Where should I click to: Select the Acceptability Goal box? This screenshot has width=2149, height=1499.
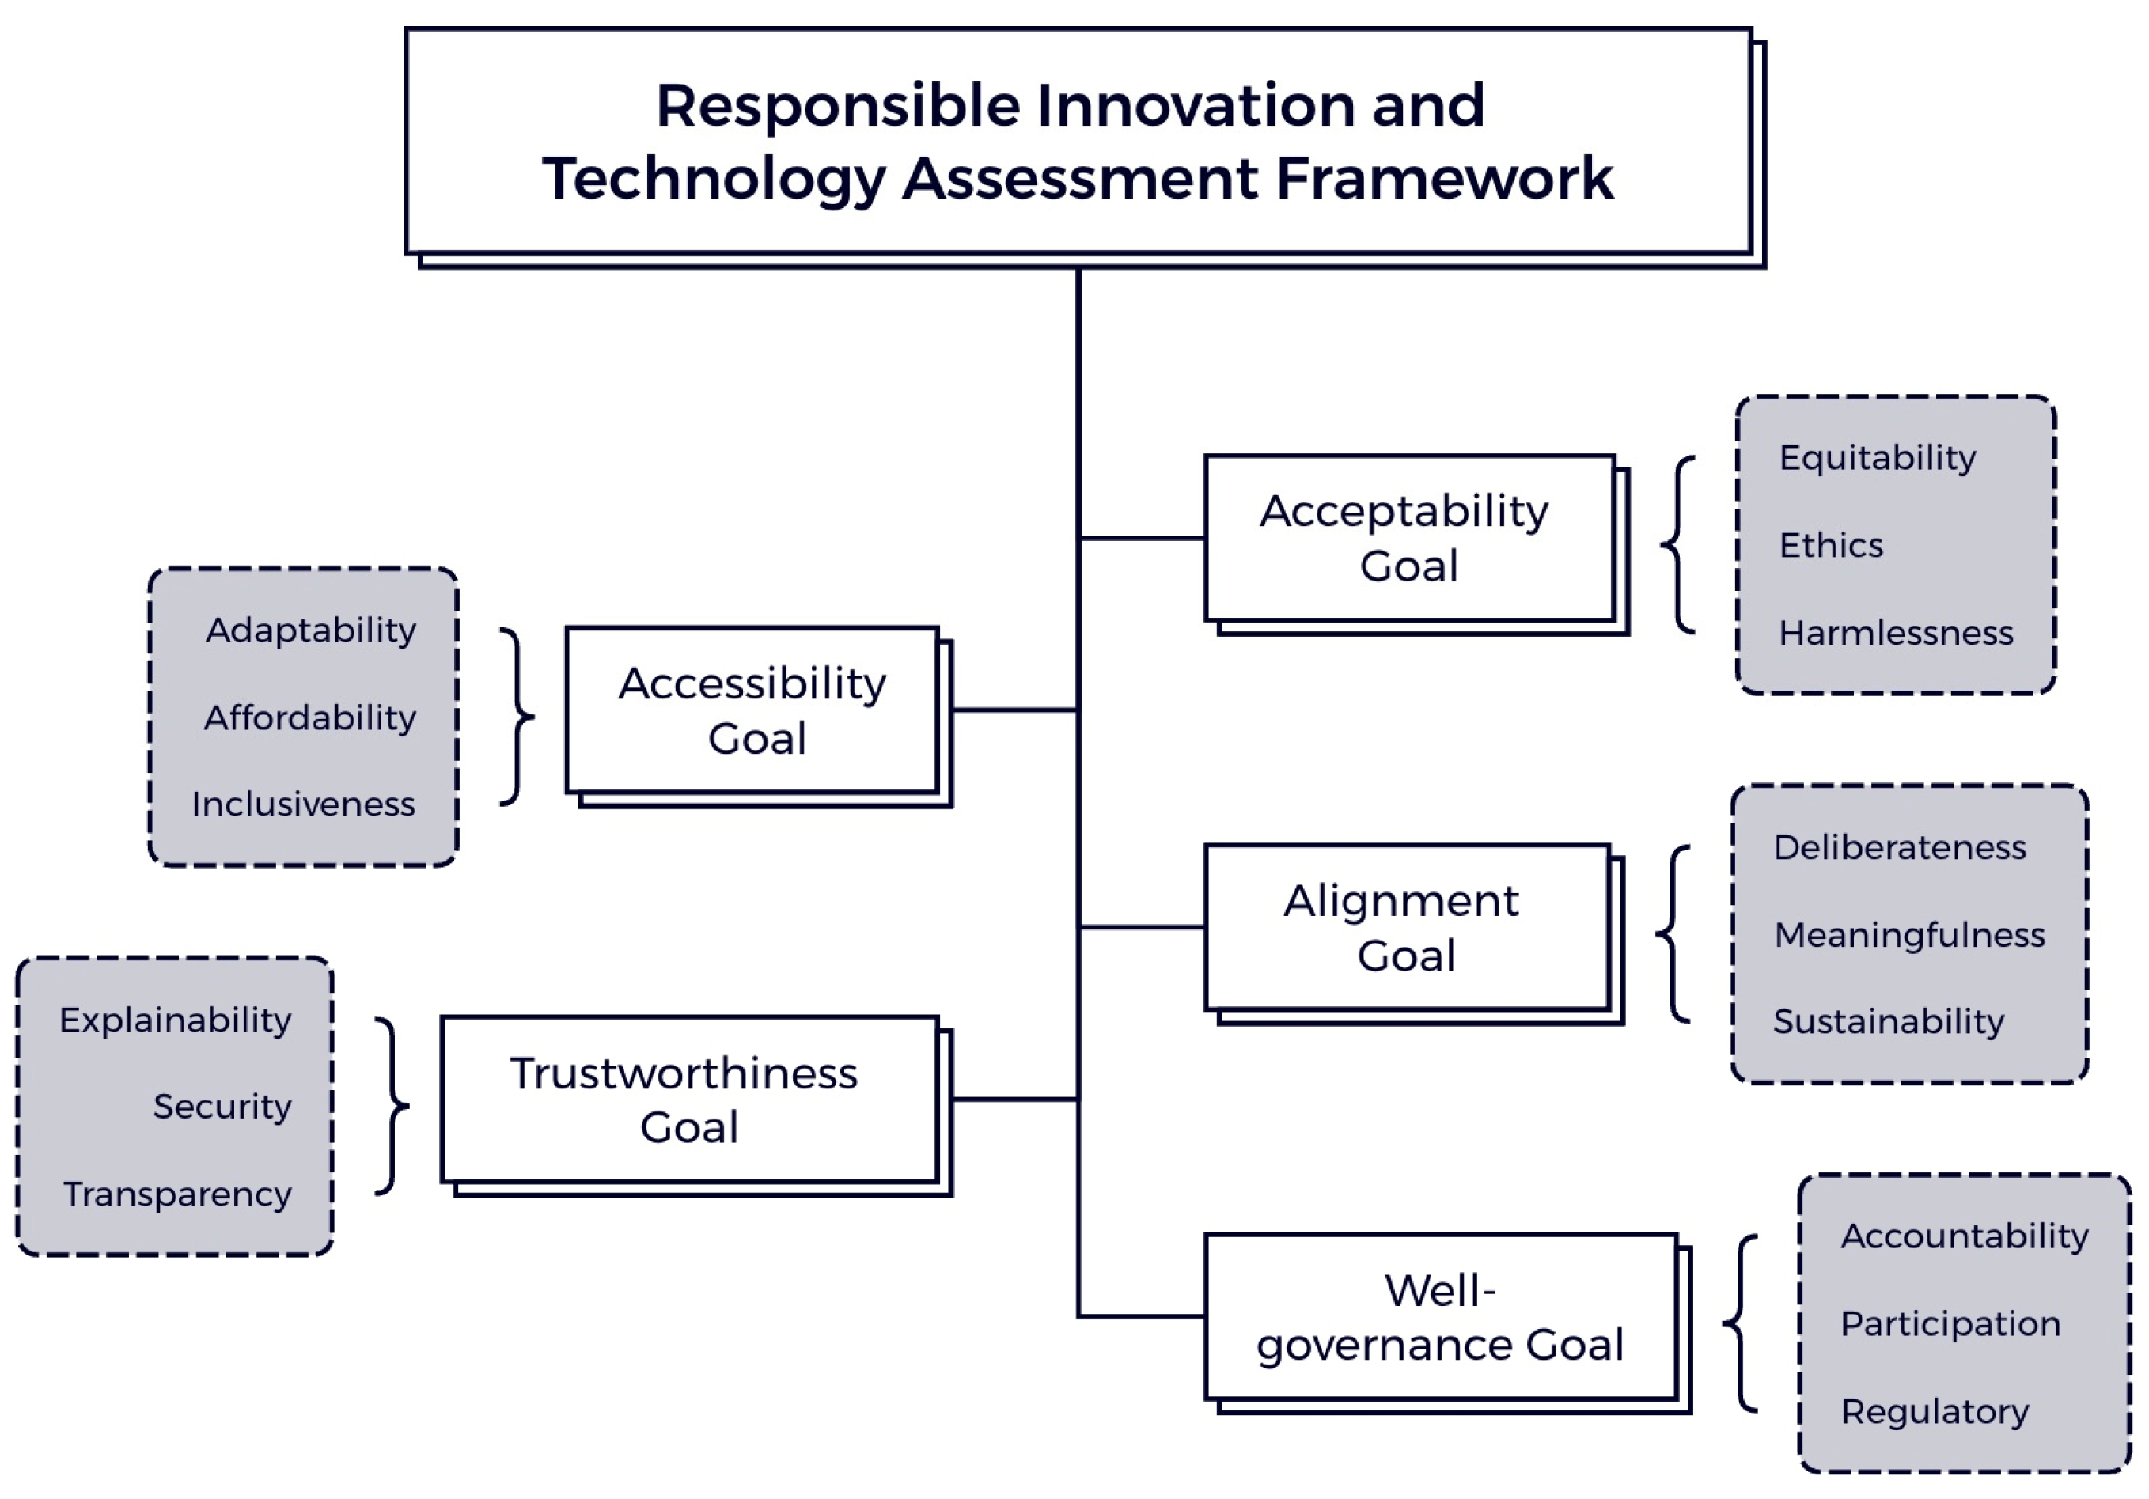1408,538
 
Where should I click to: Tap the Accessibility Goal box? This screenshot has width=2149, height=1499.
752,710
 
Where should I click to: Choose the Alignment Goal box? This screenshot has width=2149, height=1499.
1406,927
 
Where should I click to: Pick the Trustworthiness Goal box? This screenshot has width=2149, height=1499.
689,1100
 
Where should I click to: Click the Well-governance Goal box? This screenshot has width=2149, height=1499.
1439,1316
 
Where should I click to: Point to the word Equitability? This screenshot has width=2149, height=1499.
1877,457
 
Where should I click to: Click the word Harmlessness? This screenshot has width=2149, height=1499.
1895,634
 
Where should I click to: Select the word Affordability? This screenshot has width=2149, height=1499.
310,717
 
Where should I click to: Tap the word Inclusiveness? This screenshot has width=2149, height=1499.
303,804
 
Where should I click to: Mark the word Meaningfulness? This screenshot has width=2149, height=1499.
1909,935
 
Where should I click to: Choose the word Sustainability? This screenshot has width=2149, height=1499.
1888,1021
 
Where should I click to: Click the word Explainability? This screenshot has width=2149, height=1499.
175,1020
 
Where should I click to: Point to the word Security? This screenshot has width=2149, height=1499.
222,1107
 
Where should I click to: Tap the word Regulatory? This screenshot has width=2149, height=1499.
1935,1411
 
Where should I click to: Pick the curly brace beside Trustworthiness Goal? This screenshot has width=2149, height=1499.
393,1106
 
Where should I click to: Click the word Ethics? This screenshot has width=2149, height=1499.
1831,544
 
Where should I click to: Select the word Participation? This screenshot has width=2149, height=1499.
1950,1324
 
